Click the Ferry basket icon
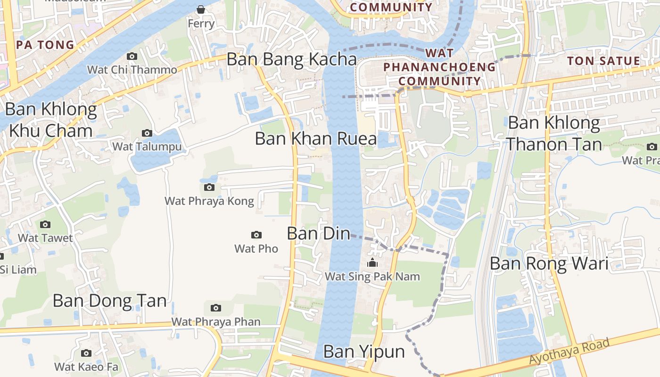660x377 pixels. click(201, 9)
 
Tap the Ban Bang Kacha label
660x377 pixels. click(291, 59)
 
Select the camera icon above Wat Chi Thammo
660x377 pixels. click(132, 57)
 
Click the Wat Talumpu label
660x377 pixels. click(147, 147)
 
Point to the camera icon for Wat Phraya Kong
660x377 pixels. click(209, 188)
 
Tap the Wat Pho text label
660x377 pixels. click(256, 248)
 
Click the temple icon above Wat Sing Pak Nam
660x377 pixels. click(372, 263)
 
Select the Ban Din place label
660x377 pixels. click(319, 233)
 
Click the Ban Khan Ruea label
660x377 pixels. click(316, 139)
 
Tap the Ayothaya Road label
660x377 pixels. click(569, 351)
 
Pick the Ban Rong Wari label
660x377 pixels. click(549, 263)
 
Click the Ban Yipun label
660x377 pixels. click(364, 352)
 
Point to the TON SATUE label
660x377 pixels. click(603, 61)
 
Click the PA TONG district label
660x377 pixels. click(45, 45)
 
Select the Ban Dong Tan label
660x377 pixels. click(109, 301)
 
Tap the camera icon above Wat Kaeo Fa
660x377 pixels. click(86, 353)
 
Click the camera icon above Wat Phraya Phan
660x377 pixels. click(215, 308)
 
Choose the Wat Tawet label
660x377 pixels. click(45, 238)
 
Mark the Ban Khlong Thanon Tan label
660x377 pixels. click(554, 133)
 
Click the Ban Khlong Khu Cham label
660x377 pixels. click(51, 120)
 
